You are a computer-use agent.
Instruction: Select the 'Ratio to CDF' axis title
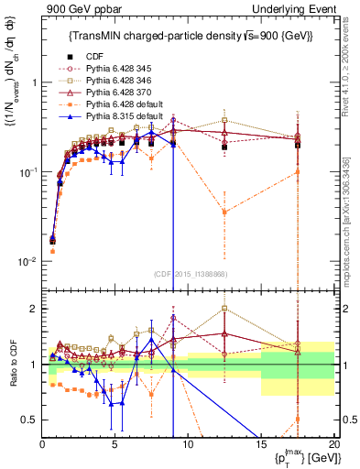(x=12, y=365)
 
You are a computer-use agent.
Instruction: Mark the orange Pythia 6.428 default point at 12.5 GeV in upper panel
(x=224, y=212)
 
